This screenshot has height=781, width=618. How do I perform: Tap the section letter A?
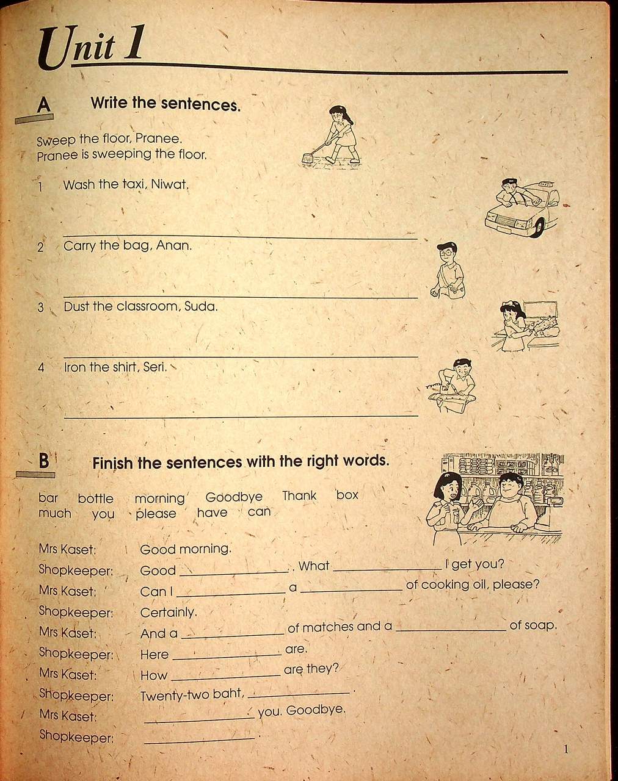(x=43, y=104)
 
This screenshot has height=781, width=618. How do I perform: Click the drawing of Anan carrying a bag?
(x=449, y=272)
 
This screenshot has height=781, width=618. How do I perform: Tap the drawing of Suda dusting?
(x=513, y=326)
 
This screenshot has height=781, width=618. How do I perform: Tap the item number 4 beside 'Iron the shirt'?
(x=42, y=368)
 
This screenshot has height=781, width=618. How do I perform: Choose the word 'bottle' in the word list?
(x=95, y=498)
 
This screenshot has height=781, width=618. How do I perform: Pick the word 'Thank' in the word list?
(x=299, y=495)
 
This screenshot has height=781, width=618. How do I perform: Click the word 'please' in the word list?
(x=156, y=514)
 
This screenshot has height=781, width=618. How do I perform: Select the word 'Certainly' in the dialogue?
(x=168, y=612)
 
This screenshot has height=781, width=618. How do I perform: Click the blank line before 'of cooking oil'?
(x=352, y=589)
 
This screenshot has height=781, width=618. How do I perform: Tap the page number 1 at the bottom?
(x=566, y=749)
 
